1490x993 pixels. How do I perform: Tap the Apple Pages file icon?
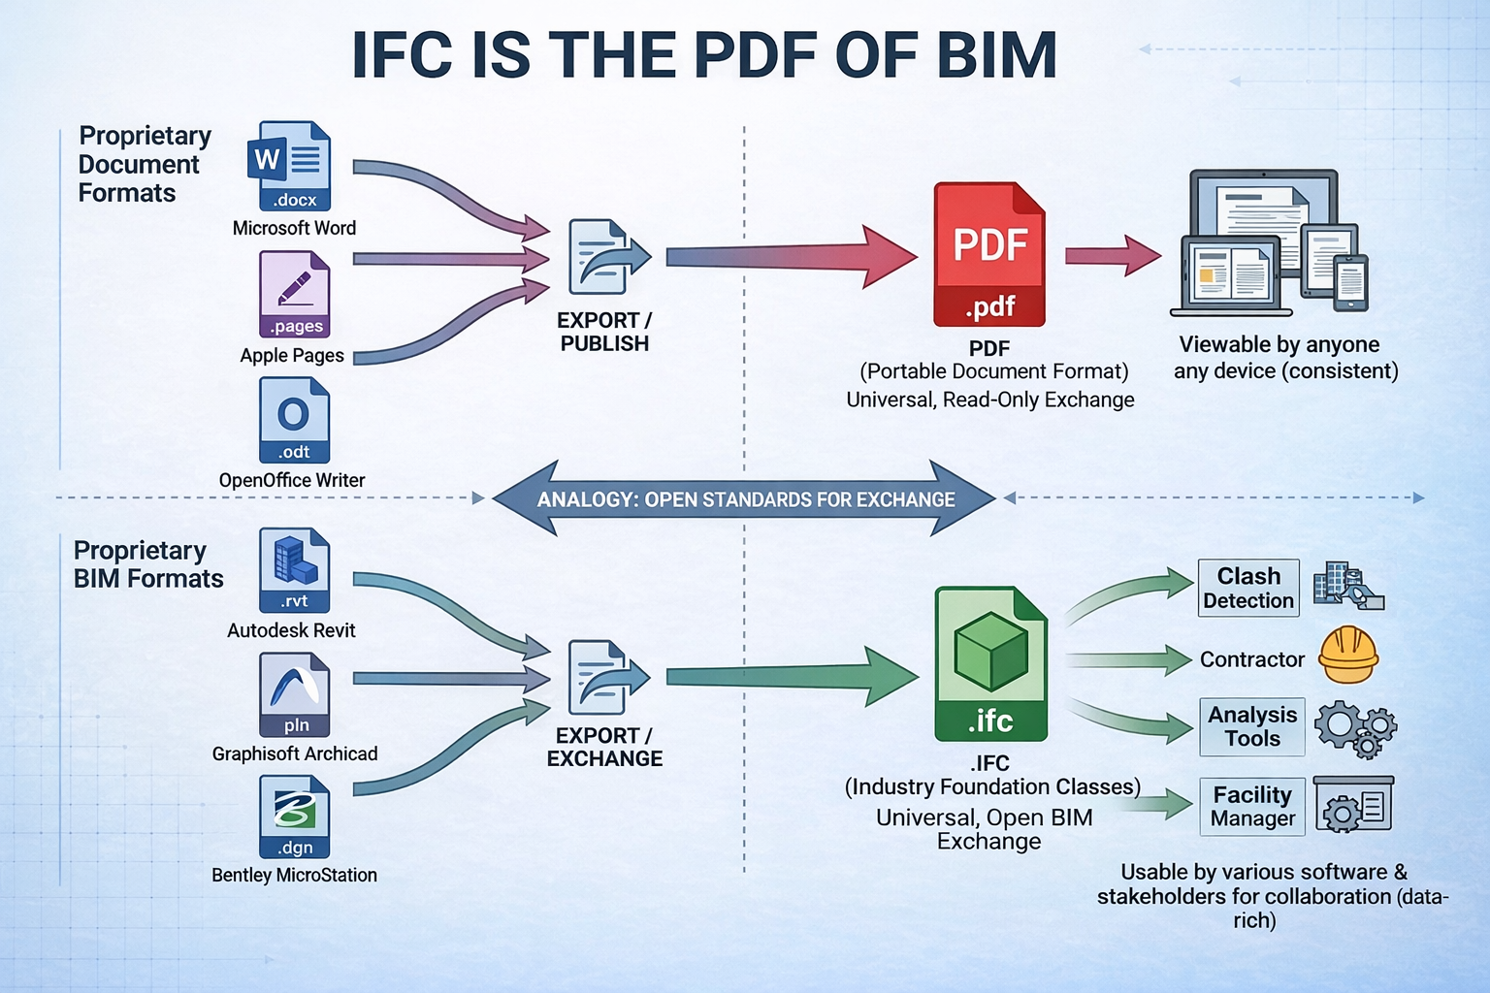click(x=294, y=294)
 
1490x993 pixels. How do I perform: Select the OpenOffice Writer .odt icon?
click(x=294, y=420)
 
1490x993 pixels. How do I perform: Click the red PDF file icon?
click(x=988, y=254)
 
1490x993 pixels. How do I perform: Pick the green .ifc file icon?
click(x=990, y=663)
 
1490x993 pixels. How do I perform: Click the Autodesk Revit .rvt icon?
click(x=294, y=570)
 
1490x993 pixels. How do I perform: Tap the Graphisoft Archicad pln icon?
click(x=294, y=694)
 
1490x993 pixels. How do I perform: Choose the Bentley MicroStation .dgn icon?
click(x=294, y=817)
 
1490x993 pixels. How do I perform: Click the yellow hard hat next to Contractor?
click(x=1348, y=655)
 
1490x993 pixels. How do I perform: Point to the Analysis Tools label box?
click(x=1251, y=726)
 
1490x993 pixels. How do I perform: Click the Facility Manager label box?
click(x=1251, y=807)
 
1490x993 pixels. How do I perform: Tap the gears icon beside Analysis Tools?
click(x=1355, y=728)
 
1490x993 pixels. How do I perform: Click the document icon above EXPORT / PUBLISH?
click(x=608, y=257)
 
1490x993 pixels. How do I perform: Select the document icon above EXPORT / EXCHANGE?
click(x=608, y=676)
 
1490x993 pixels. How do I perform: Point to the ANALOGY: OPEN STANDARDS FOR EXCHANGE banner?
click(x=745, y=499)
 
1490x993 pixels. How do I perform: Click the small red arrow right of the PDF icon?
click(x=1112, y=255)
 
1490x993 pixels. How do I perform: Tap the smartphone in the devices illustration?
click(x=1350, y=283)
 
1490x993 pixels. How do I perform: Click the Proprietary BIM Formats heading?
click(x=148, y=564)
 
